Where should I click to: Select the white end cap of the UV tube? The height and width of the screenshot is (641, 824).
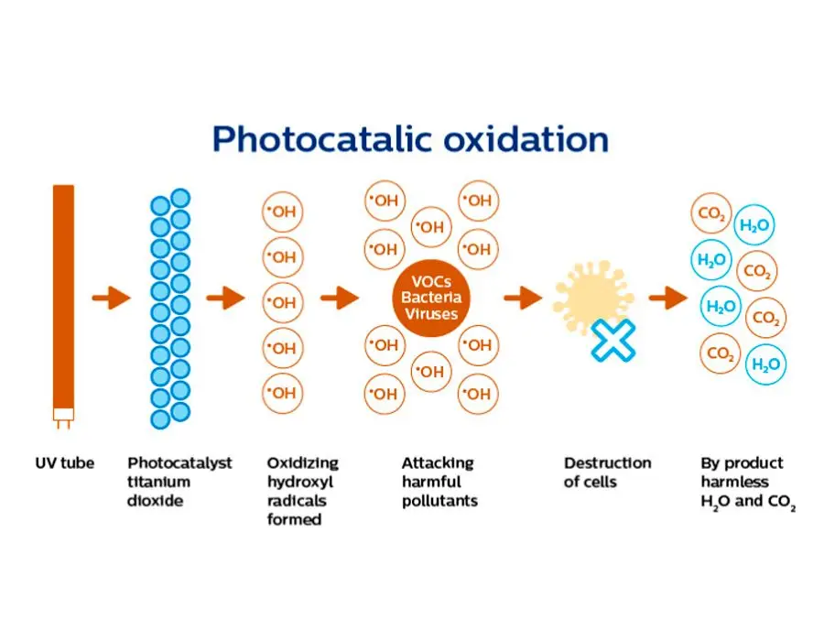pyautogui.click(x=63, y=417)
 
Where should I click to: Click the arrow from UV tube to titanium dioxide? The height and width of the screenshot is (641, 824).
pyautogui.click(x=111, y=298)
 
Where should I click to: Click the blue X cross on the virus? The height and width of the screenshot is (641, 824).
pyautogui.click(x=613, y=339)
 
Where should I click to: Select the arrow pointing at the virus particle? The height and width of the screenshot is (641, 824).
pyautogui.click(x=523, y=298)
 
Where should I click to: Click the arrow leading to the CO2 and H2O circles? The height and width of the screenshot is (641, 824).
pyautogui.click(x=667, y=298)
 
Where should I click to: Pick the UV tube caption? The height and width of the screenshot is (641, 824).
pyautogui.click(x=64, y=463)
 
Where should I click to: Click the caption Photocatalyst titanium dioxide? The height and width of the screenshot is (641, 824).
pyautogui.click(x=179, y=482)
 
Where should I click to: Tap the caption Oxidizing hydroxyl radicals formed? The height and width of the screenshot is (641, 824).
pyautogui.click(x=302, y=491)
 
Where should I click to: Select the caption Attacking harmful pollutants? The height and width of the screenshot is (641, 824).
pyautogui.click(x=439, y=482)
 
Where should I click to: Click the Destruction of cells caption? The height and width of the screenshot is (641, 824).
pyautogui.click(x=607, y=473)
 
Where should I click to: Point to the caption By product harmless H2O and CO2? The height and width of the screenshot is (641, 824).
pyautogui.click(x=747, y=483)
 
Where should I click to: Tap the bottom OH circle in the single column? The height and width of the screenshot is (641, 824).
pyautogui.click(x=283, y=393)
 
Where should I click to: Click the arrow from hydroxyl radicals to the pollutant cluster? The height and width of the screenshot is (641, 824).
pyautogui.click(x=340, y=298)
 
